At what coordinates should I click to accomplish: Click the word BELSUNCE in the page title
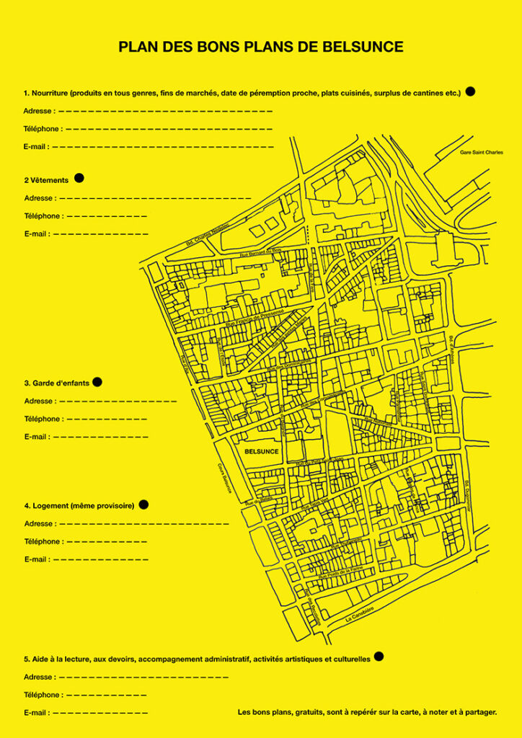363,48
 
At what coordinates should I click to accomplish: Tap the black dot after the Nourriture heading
470,92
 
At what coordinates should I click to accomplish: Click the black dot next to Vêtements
79,178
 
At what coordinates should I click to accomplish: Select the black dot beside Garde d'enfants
97,382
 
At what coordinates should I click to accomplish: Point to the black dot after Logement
143,504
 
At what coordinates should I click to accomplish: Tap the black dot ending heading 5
379,657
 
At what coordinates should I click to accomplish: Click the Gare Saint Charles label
481,153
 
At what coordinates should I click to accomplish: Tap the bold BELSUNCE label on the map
261,451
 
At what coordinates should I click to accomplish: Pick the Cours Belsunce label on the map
225,478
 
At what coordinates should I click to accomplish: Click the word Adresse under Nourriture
37,111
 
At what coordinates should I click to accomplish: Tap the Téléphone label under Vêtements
43,216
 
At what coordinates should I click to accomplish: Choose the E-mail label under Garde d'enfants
36,437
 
